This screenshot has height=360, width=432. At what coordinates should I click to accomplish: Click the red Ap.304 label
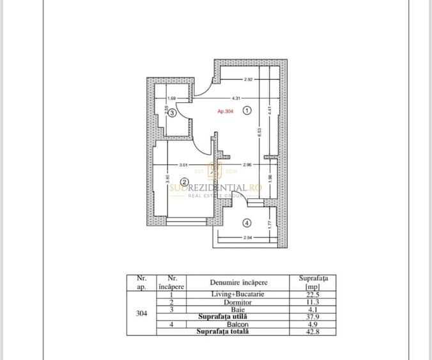[x=225, y=111]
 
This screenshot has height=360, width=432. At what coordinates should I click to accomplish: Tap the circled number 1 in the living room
[x=248, y=110]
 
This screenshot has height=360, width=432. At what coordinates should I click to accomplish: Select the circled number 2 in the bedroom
[x=183, y=180]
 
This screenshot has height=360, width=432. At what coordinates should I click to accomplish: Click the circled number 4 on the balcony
[x=247, y=223]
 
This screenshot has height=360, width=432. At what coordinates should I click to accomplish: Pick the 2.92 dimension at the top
[x=249, y=79]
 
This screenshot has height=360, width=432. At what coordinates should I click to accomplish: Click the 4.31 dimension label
[x=235, y=98]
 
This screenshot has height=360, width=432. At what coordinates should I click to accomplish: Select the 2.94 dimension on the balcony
[x=249, y=238]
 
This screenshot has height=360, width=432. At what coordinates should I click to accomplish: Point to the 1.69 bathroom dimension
[x=171, y=98]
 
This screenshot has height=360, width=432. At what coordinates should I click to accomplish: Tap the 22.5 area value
[x=312, y=293]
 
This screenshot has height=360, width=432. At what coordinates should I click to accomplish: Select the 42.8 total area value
[x=312, y=331]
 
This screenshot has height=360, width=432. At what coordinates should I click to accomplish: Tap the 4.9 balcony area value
[x=312, y=324]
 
